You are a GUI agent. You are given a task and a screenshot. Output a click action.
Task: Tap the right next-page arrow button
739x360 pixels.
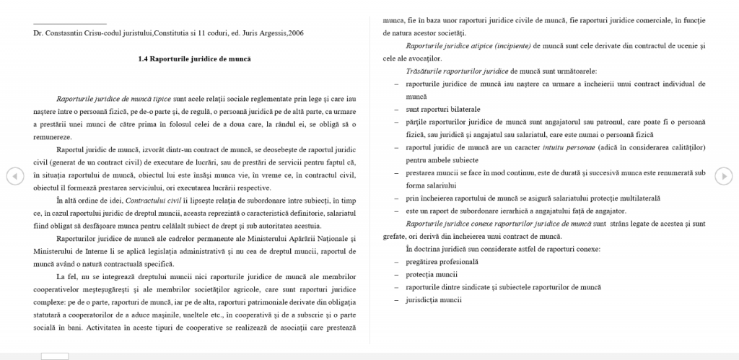724,175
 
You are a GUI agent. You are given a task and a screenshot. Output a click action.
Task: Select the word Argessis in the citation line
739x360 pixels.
256,33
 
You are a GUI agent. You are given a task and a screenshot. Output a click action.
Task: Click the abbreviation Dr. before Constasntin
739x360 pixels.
38,33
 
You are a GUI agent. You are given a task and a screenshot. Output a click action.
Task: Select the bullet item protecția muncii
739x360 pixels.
432,274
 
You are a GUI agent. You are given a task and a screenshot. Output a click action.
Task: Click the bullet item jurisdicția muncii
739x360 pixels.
433,299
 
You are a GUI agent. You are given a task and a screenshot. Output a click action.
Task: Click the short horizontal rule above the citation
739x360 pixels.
70,23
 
